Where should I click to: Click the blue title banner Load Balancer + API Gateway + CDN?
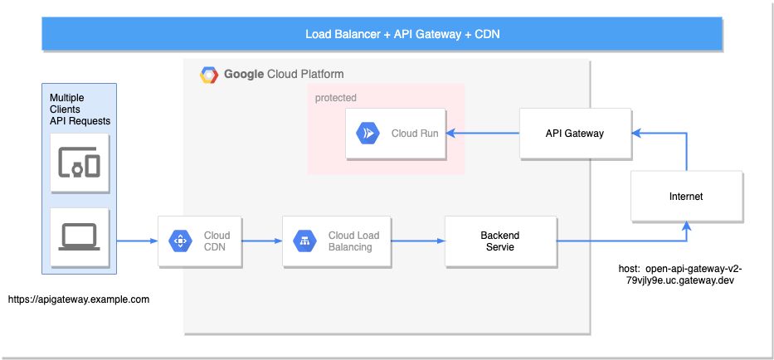pos(402,34)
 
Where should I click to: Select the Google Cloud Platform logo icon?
pos(208,75)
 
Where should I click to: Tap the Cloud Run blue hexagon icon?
pos(367,133)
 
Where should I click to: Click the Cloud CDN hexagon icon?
pos(179,241)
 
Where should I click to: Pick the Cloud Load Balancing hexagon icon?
pos(304,241)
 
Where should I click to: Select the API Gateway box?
pos(574,133)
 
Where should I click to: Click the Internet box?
pos(685,197)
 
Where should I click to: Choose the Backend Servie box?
pos(500,241)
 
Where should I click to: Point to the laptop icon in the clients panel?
pos(79,236)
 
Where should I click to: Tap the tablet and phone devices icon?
pos(79,164)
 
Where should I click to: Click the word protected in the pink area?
pos(336,98)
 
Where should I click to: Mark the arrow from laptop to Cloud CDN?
pos(137,241)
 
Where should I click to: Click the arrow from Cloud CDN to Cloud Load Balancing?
pos(262,241)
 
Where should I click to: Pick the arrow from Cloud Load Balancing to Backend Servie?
pos(418,241)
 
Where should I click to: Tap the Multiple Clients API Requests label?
pos(80,109)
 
